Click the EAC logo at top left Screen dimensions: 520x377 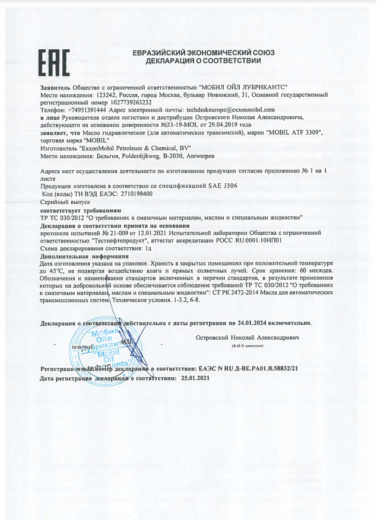(54, 63)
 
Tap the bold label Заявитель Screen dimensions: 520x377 (55, 87)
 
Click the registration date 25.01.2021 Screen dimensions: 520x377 (195, 377)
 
